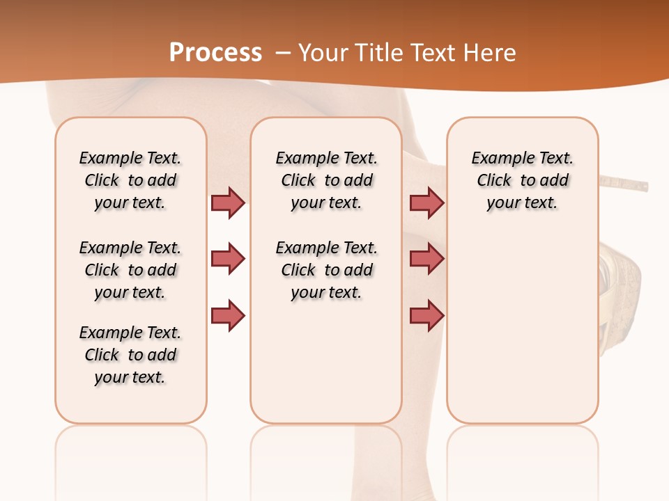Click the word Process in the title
[x=215, y=53]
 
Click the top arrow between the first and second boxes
[x=228, y=202]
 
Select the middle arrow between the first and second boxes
[x=228, y=259]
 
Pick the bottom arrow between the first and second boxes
[x=228, y=316]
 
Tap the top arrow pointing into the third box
[x=426, y=202]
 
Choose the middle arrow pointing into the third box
[x=426, y=259]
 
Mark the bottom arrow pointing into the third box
[x=426, y=316]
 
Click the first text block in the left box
[x=130, y=180]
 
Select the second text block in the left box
[x=130, y=270]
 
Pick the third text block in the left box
[x=130, y=355]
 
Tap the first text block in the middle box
[x=326, y=180]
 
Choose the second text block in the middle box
[x=326, y=270]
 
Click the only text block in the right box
[x=523, y=180]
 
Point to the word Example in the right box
[x=498, y=159]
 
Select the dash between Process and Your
[x=283, y=53]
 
